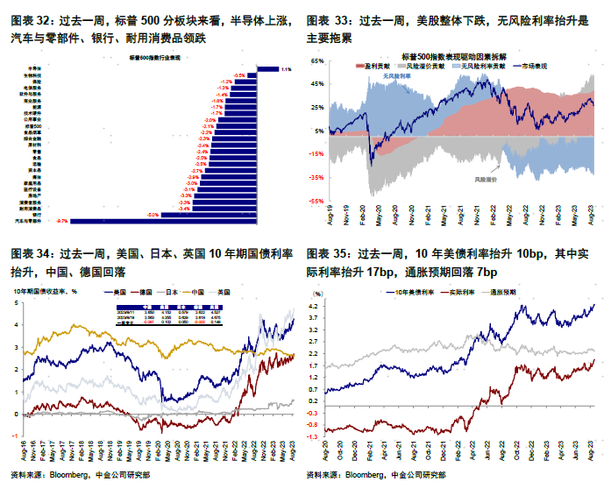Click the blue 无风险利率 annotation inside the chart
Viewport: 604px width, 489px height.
pos(397,76)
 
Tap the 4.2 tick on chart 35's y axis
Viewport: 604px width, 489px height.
pos(315,306)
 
